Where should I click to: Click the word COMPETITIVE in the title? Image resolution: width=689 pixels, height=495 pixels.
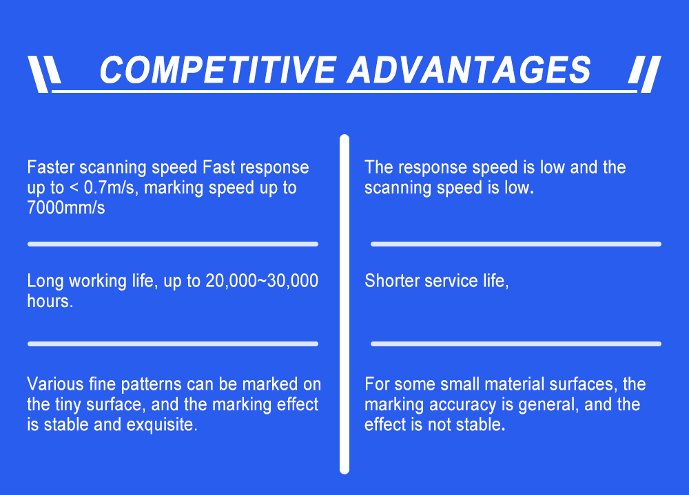tap(218, 70)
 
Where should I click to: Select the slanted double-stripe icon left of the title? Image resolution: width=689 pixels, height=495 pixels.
tap(44, 74)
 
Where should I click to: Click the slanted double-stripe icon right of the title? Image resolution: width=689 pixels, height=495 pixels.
tap(645, 74)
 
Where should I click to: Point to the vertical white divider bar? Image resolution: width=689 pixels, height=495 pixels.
tap(344, 304)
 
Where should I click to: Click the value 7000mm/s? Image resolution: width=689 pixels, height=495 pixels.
tap(66, 208)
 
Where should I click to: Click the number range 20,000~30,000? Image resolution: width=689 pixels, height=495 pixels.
tap(262, 281)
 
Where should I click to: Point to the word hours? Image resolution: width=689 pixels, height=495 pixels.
tap(50, 302)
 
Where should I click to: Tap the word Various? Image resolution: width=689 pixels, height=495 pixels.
tap(55, 384)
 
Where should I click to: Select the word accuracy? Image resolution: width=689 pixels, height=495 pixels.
tap(462, 405)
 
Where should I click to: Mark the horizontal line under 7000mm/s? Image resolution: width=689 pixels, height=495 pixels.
tap(173, 244)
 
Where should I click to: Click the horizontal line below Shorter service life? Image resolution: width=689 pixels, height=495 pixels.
tap(516, 344)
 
